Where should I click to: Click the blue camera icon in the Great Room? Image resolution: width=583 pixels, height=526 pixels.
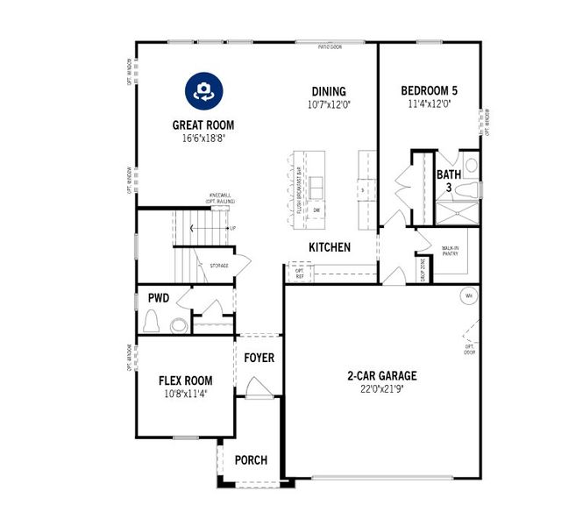pos(203,90)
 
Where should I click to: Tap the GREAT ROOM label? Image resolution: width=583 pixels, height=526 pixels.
pos(203,125)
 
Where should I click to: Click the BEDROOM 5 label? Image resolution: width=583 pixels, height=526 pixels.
pos(429,91)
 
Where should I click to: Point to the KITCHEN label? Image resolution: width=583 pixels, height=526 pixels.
pos(330,247)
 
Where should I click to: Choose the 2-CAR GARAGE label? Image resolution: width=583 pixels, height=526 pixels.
pos(381,376)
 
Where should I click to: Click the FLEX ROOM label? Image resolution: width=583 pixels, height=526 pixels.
pos(185,380)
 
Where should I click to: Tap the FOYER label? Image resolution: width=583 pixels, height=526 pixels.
pos(259,358)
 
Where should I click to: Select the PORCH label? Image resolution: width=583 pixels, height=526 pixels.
pos(251,460)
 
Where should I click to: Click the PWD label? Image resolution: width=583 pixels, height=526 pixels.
pos(158,298)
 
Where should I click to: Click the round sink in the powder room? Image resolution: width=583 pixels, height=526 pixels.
pos(179,325)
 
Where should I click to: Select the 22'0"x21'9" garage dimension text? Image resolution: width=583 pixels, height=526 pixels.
pos(381,389)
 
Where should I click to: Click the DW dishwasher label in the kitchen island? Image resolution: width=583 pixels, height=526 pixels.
pos(316,210)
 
